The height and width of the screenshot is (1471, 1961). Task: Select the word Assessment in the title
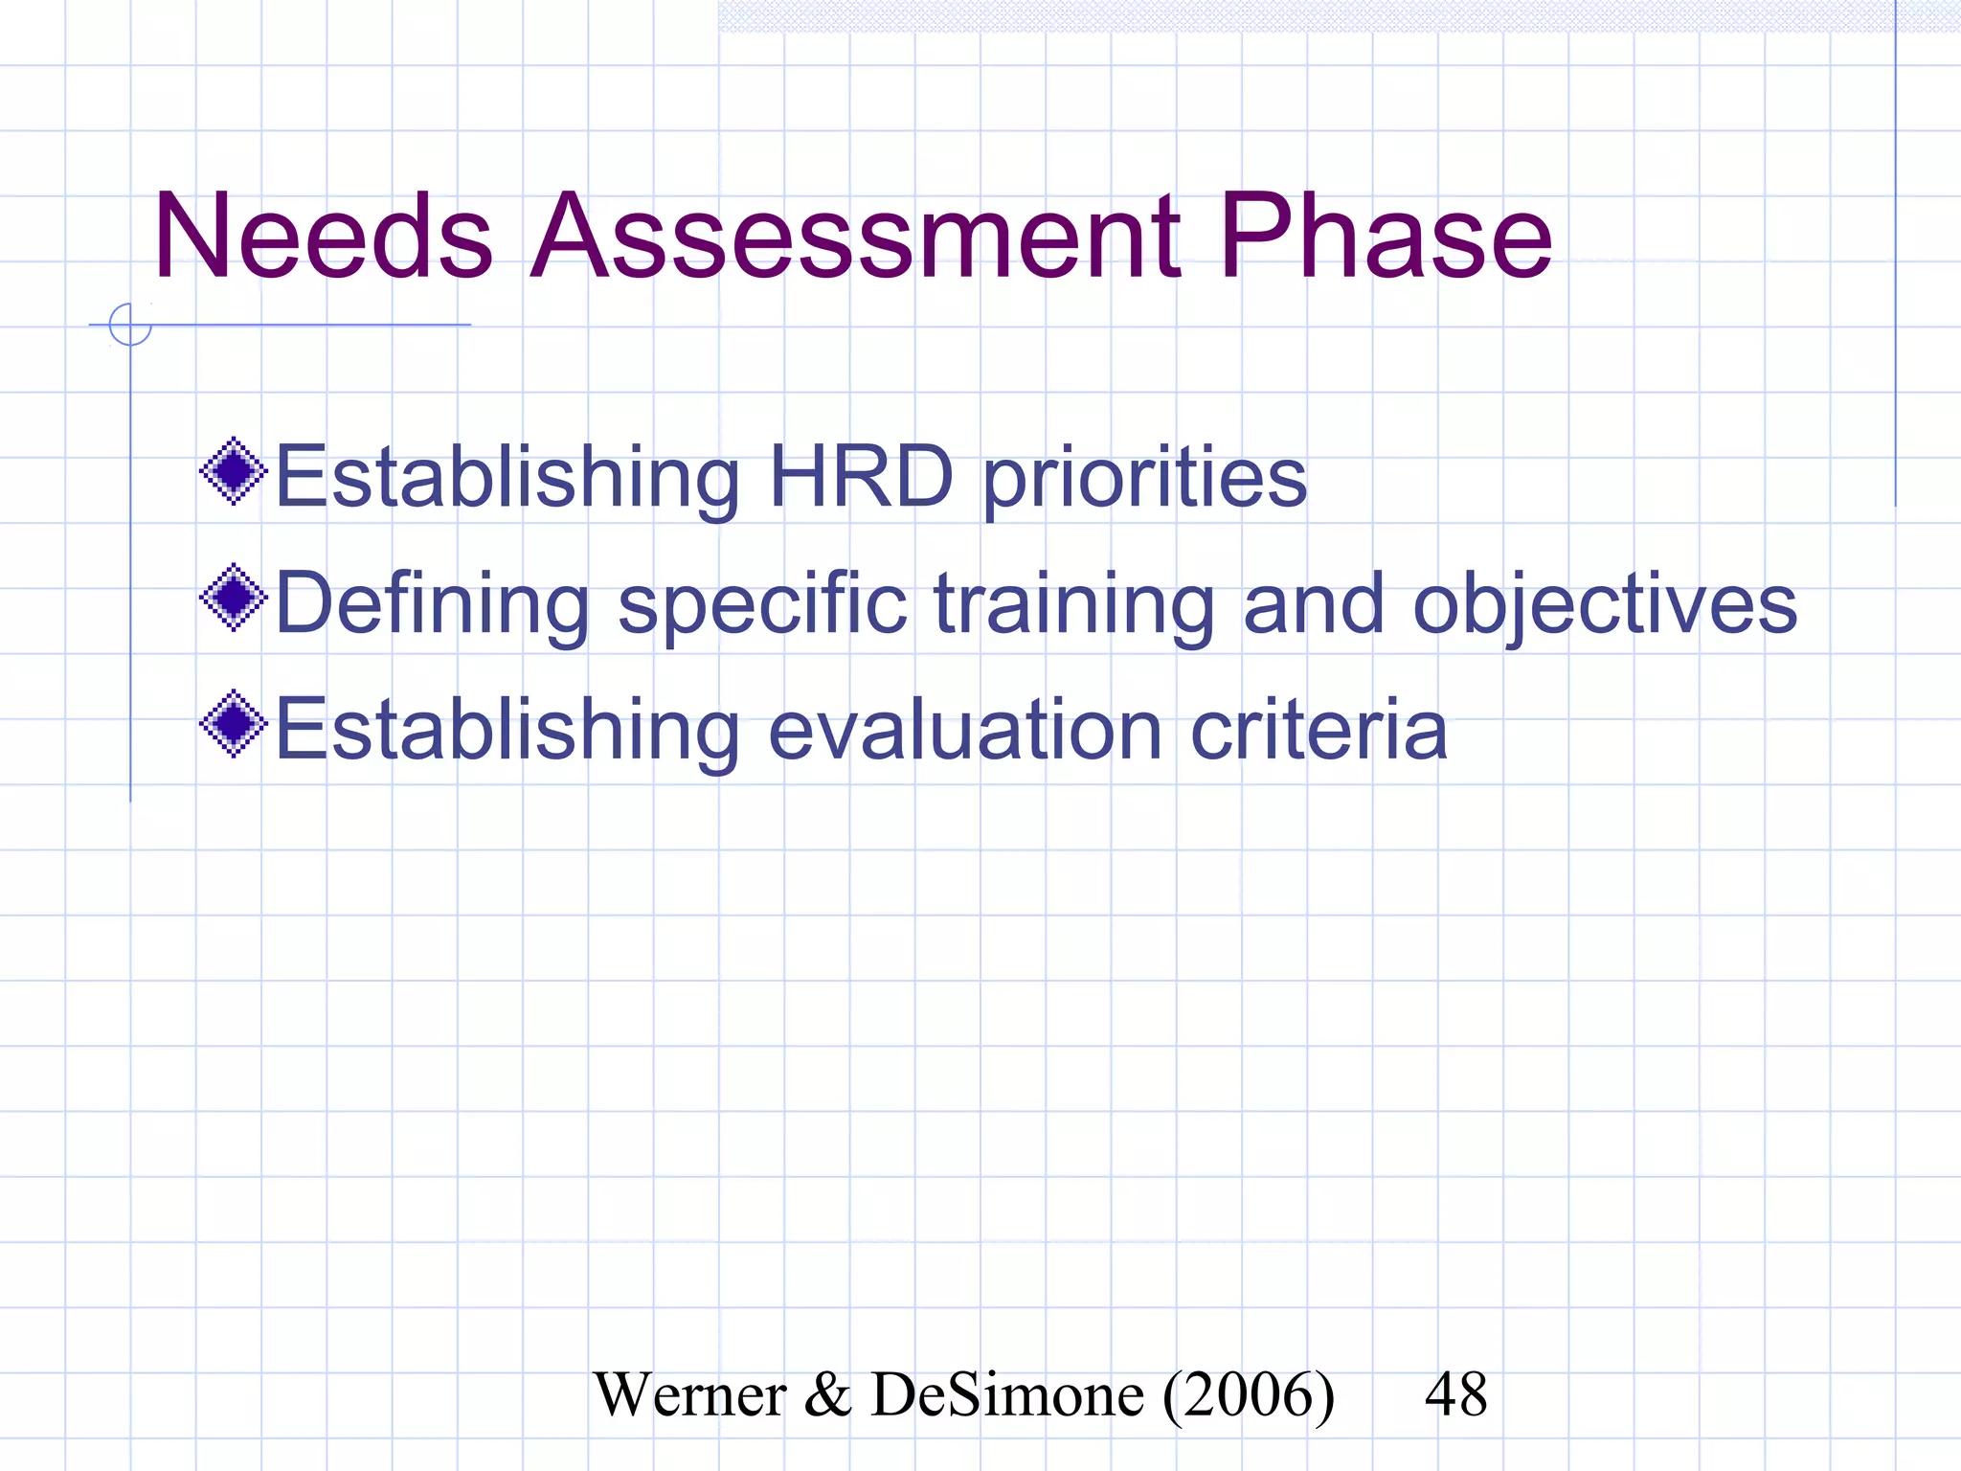[855, 237]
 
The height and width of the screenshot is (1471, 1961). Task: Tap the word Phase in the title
[1385, 237]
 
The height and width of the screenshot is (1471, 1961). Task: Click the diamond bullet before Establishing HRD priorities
[233, 471]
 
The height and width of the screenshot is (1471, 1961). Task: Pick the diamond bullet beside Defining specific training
[233, 598]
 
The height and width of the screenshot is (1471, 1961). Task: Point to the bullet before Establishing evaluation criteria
[233, 724]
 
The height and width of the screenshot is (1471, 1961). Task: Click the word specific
[762, 605]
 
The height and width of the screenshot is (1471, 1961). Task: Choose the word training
[1073, 605]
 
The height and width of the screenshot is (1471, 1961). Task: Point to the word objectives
[1605, 605]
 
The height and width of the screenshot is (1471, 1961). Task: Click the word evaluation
[965, 730]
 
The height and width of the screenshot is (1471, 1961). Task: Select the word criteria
[1319, 730]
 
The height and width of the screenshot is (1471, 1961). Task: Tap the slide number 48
[1455, 1394]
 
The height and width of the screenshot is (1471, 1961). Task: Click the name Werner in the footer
[689, 1394]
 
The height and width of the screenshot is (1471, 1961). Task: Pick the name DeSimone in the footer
[1007, 1394]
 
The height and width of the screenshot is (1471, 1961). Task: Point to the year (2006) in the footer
[1249, 1394]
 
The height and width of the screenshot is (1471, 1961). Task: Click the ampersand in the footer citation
[827, 1394]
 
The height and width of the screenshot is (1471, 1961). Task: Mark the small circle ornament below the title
[130, 325]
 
